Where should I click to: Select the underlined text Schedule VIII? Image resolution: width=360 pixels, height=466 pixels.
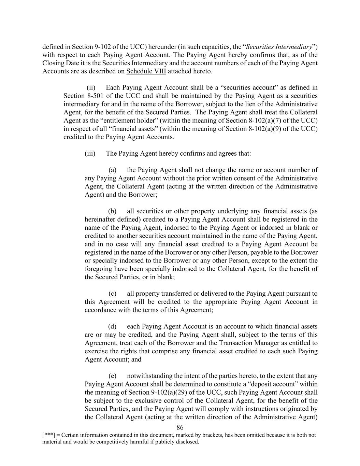146,71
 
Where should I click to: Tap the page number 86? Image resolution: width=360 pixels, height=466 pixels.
180,428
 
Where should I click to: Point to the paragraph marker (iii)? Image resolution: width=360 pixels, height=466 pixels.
90,153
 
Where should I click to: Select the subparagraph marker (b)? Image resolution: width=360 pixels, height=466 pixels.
113,211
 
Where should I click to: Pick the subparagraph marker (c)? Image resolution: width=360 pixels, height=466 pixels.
113,294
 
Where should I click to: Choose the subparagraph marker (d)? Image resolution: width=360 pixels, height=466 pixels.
113,327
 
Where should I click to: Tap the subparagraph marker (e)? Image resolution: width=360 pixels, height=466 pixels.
113,376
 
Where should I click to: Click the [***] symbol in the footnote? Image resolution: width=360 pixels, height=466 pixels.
48,435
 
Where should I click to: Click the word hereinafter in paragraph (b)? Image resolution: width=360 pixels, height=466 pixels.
100,220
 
